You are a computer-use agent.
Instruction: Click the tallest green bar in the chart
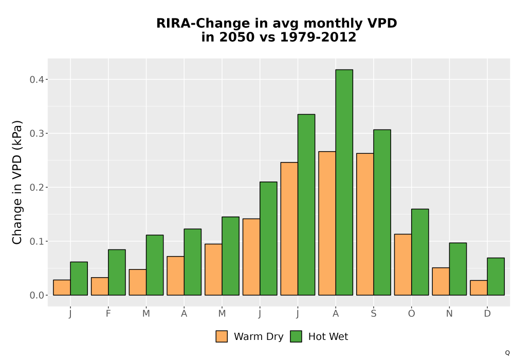(344, 182)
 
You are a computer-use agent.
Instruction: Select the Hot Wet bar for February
(117, 273)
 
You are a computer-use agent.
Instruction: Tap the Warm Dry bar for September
(365, 224)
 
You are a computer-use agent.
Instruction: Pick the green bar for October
(420, 252)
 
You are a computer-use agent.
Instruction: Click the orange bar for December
(479, 287)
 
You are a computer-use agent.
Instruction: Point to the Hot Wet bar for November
(458, 269)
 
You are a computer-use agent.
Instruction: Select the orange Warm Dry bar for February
(100, 286)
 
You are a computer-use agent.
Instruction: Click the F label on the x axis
(108, 314)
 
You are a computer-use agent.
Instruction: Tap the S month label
(373, 314)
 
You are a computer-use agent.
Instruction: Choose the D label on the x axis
(487, 314)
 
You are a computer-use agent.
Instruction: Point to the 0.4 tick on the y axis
(36, 80)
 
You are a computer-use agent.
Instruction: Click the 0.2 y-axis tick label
(36, 188)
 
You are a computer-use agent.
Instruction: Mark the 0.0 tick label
(36, 295)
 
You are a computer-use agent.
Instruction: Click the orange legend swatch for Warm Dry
(222, 336)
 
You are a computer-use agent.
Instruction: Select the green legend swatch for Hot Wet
(296, 336)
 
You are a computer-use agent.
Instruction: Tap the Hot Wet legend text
(328, 336)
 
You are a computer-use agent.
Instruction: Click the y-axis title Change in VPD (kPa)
(17, 182)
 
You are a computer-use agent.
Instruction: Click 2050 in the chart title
(236, 37)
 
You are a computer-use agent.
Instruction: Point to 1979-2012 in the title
(318, 37)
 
